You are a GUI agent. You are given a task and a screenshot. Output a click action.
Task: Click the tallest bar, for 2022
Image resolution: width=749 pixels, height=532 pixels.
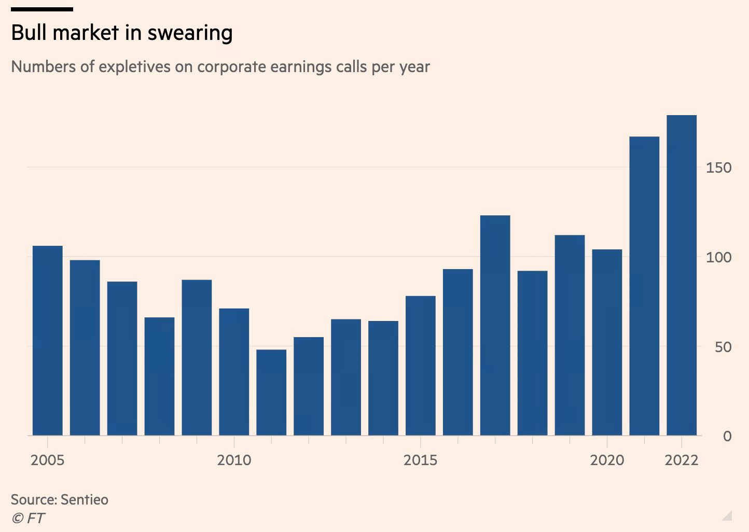[682, 275]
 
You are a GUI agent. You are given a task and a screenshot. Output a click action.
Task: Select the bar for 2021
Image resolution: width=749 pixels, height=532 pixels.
[644, 286]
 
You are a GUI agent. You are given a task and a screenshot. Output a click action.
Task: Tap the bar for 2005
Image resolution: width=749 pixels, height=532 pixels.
[48, 340]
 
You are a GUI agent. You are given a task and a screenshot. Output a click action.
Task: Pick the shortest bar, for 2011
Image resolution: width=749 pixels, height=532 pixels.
[271, 392]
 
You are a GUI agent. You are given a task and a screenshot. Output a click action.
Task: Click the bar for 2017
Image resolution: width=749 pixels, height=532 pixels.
[495, 325]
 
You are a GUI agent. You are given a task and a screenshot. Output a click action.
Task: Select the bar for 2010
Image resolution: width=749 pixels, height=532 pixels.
[234, 372]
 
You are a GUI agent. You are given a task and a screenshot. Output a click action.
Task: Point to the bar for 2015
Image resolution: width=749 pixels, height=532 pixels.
[421, 366]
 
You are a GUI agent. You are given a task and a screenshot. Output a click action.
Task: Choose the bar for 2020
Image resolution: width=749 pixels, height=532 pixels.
[607, 342]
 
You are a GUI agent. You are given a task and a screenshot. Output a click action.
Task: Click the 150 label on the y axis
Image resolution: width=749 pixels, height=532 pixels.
[718, 167]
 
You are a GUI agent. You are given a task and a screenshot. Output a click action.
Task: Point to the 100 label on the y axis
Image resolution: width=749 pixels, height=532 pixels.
[718, 257]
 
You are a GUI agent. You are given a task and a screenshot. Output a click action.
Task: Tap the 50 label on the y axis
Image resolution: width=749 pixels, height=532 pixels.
[723, 347]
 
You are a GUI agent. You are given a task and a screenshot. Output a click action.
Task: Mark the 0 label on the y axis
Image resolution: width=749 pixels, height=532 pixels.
[727, 436]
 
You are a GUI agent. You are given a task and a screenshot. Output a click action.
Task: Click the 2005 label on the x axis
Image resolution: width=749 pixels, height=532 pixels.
[48, 460]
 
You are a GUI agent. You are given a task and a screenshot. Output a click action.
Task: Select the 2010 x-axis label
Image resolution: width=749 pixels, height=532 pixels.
[234, 460]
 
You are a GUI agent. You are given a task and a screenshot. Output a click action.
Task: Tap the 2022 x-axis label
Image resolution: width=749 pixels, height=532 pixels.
[682, 460]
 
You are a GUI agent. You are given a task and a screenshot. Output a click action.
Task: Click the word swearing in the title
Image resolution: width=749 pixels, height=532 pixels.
[190, 33]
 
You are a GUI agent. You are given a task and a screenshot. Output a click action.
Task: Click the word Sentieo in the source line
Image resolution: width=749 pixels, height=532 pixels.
[85, 500]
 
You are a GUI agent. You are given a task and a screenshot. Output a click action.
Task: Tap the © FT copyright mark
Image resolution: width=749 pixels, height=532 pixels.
[29, 518]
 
